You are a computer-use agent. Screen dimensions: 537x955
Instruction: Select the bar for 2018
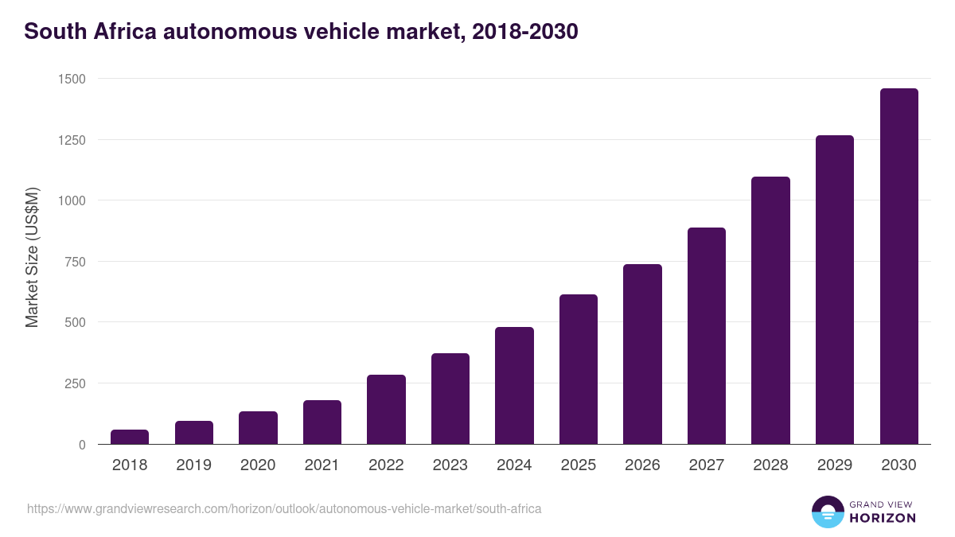point(130,437)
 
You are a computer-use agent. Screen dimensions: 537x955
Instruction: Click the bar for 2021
point(322,422)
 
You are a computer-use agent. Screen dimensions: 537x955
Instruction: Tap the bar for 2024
point(514,386)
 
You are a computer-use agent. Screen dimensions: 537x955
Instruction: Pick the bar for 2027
point(707,336)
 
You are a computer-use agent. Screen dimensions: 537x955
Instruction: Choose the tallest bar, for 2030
point(898,267)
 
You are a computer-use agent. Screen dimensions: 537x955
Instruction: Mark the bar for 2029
point(835,290)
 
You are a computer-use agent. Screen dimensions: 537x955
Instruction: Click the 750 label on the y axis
point(75,262)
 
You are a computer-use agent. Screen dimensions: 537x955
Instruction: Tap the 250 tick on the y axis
point(75,383)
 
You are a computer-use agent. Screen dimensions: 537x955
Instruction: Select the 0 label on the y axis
point(82,445)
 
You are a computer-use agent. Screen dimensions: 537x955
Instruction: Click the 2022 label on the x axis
point(386,465)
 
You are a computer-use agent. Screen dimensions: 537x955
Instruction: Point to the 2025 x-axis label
point(579,465)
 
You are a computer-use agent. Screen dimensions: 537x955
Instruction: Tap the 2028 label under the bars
point(770,465)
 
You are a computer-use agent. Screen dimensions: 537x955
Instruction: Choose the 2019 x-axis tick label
point(194,465)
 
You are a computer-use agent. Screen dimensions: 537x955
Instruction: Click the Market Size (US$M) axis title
point(32,256)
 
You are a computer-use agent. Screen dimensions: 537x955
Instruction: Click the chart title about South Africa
point(301,32)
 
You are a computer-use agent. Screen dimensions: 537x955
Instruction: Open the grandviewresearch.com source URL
point(284,508)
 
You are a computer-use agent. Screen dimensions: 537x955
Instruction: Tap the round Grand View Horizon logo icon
point(828,512)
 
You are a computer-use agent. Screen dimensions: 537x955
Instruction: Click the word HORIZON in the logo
point(883,518)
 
